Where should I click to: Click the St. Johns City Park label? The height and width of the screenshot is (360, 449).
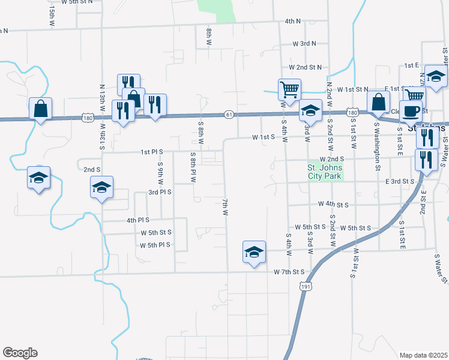coord(324,172)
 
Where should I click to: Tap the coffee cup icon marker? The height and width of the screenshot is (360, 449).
coord(411,111)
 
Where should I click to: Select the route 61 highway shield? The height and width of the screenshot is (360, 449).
coord(229,114)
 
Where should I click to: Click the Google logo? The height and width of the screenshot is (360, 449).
coord(20,353)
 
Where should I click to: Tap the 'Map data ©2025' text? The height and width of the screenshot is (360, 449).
coord(423,355)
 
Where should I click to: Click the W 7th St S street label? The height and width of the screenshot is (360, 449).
coord(289,272)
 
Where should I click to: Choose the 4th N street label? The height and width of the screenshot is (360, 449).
coord(293,22)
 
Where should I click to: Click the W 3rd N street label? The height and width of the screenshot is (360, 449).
coord(304,44)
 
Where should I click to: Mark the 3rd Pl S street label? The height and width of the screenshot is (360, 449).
coord(160,193)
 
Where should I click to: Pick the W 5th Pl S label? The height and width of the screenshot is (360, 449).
coord(155,245)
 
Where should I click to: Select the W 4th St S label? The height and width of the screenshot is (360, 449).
coord(334,205)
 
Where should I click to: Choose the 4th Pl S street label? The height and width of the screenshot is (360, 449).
coord(138,220)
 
